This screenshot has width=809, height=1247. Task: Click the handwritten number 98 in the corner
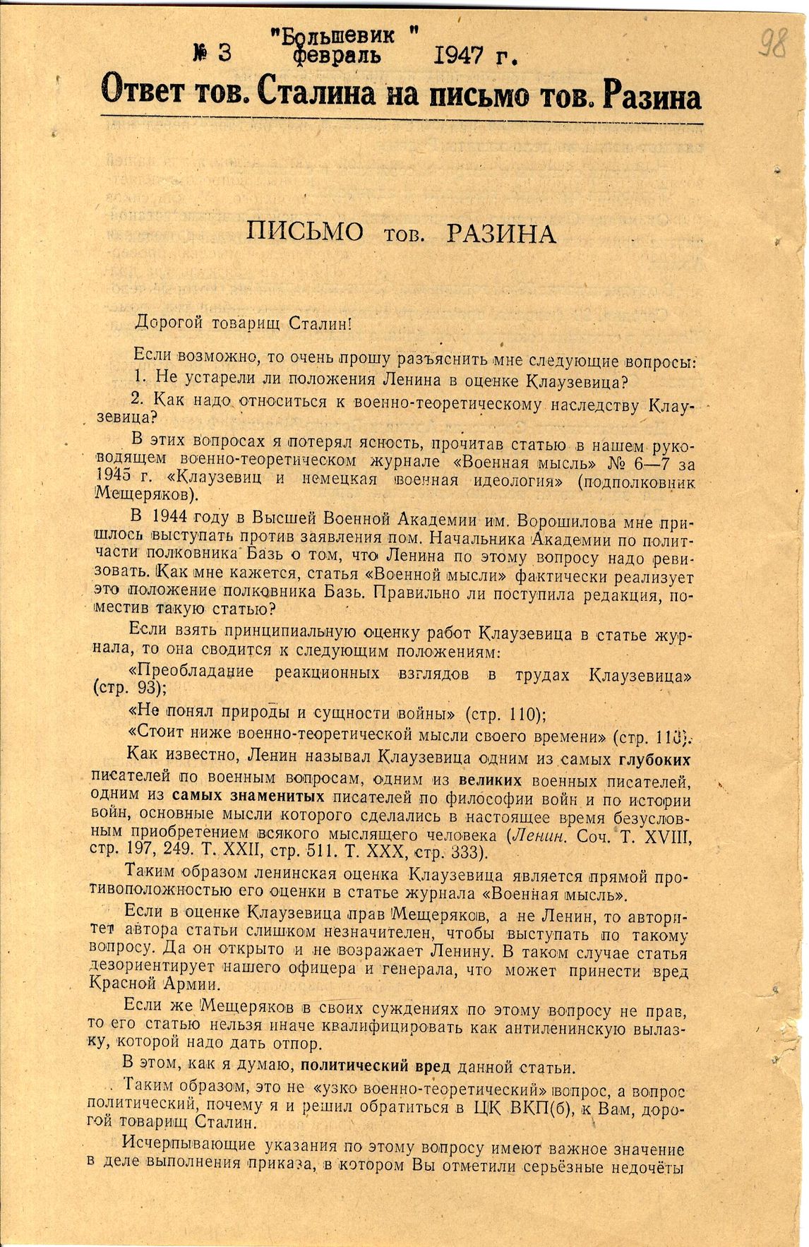coord(774,45)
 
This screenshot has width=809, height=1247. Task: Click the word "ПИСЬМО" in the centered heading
coord(305,233)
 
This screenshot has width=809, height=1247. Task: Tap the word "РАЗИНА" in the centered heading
coord(501,234)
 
